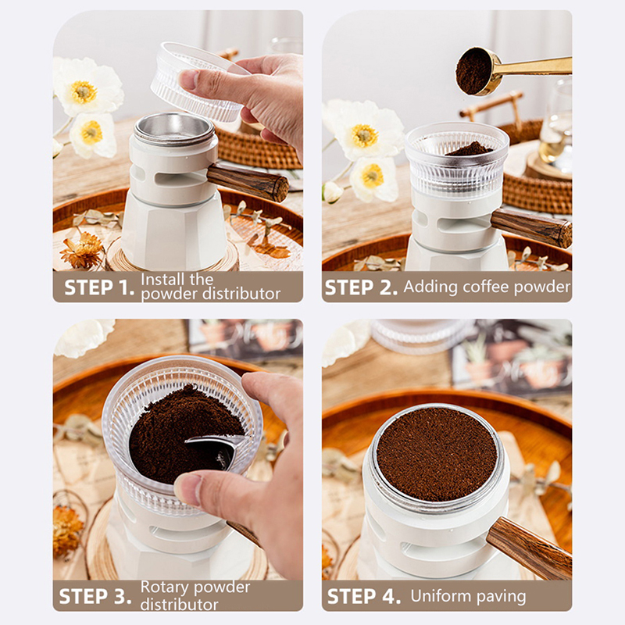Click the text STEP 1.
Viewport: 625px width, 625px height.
99,287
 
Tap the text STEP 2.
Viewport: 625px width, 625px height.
361,287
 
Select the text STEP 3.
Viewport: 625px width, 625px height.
95,596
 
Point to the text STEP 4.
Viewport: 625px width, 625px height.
363,596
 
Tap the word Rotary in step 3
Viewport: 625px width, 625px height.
165,588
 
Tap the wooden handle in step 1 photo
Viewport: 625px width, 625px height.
248,182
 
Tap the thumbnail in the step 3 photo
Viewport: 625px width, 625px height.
188,491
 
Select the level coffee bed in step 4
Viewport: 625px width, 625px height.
437,454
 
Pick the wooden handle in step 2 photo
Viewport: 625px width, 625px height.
531,228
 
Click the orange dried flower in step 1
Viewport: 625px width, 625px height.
82,249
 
